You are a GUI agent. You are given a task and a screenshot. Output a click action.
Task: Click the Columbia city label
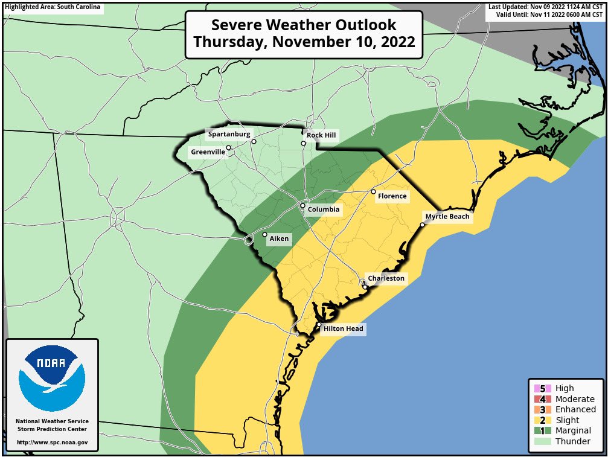coord(324,210)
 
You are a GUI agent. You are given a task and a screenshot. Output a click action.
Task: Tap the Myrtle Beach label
coord(447,217)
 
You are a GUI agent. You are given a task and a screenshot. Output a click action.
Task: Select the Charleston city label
coord(386,278)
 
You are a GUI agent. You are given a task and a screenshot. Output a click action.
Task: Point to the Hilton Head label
coord(343,329)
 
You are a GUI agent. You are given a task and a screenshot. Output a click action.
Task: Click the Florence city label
coord(392,196)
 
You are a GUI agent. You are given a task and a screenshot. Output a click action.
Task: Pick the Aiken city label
coord(279,239)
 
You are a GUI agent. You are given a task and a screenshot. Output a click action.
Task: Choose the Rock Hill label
coord(321,135)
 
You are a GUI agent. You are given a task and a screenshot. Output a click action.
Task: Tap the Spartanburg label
coord(229,134)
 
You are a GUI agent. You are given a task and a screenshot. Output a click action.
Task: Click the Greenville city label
coord(208,152)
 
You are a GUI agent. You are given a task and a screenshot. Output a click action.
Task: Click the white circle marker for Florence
coord(373,191)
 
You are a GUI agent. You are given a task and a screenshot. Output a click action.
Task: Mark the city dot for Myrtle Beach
coord(422,225)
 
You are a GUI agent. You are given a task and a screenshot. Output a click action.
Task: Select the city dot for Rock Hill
coord(304,144)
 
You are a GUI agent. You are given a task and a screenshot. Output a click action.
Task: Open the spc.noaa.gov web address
coord(52,443)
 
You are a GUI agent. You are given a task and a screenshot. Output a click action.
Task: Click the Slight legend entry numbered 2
coord(567,420)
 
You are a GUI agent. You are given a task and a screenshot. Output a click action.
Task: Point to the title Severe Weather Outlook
coord(304,25)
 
